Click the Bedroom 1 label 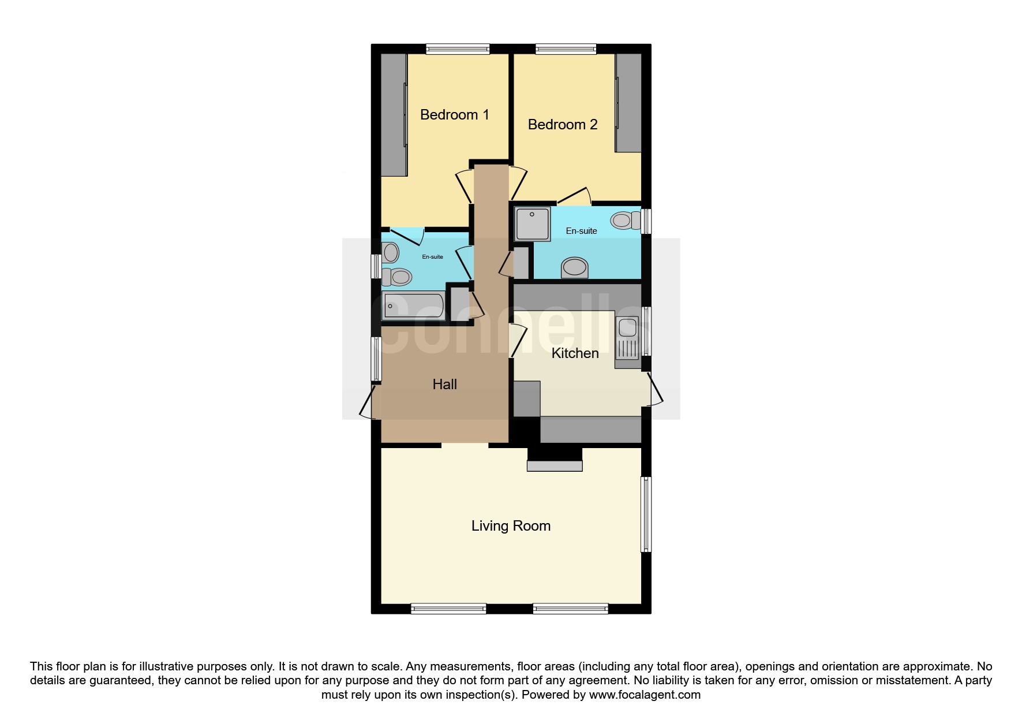click(454, 115)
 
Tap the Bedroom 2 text click(563, 124)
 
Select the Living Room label click(511, 526)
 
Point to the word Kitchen click(575, 353)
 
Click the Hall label click(445, 384)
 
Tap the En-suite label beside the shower click(581, 231)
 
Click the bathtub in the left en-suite click(414, 306)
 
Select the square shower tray click(533, 224)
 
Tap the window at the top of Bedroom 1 click(458, 49)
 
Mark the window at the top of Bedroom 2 click(566, 49)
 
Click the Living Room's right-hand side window click(646, 514)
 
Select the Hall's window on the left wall click(376, 359)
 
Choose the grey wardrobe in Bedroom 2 click(628, 103)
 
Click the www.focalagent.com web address click(645, 695)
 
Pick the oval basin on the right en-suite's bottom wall click(574, 268)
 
